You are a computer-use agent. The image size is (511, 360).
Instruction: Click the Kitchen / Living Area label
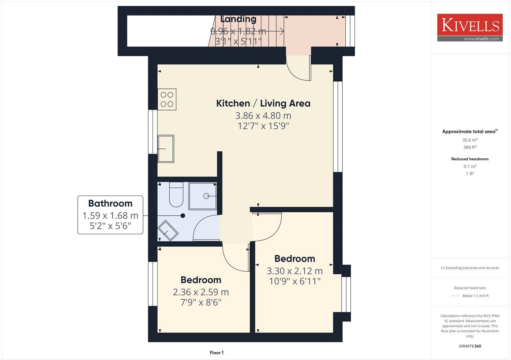[263, 103]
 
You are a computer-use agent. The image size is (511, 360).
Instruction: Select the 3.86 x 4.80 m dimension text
[263, 115]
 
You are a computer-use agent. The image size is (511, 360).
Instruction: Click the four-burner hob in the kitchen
[167, 99]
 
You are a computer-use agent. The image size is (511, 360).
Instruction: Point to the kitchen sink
[166, 149]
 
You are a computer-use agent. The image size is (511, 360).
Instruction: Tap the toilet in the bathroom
[176, 195]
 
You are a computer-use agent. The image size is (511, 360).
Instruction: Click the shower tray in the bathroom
[203, 196]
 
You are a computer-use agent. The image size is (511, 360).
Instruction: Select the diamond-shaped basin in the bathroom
[168, 230]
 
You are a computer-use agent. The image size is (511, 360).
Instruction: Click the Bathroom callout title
[110, 204]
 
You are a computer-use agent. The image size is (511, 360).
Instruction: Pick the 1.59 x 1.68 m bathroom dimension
[110, 216]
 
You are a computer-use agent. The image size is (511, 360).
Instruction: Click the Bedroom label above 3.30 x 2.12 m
[294, 259]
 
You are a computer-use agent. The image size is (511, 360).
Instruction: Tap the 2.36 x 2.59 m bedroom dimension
[201, 292]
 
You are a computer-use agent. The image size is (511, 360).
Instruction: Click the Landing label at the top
[238, 19]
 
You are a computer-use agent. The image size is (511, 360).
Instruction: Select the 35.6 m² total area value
[470, 140]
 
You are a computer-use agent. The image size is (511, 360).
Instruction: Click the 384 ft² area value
[470, 147]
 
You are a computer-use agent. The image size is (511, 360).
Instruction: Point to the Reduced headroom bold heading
[470, 159]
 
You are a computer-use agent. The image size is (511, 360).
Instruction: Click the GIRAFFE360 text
[470, 346]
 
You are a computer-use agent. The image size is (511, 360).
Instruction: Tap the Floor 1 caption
[217, 353]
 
